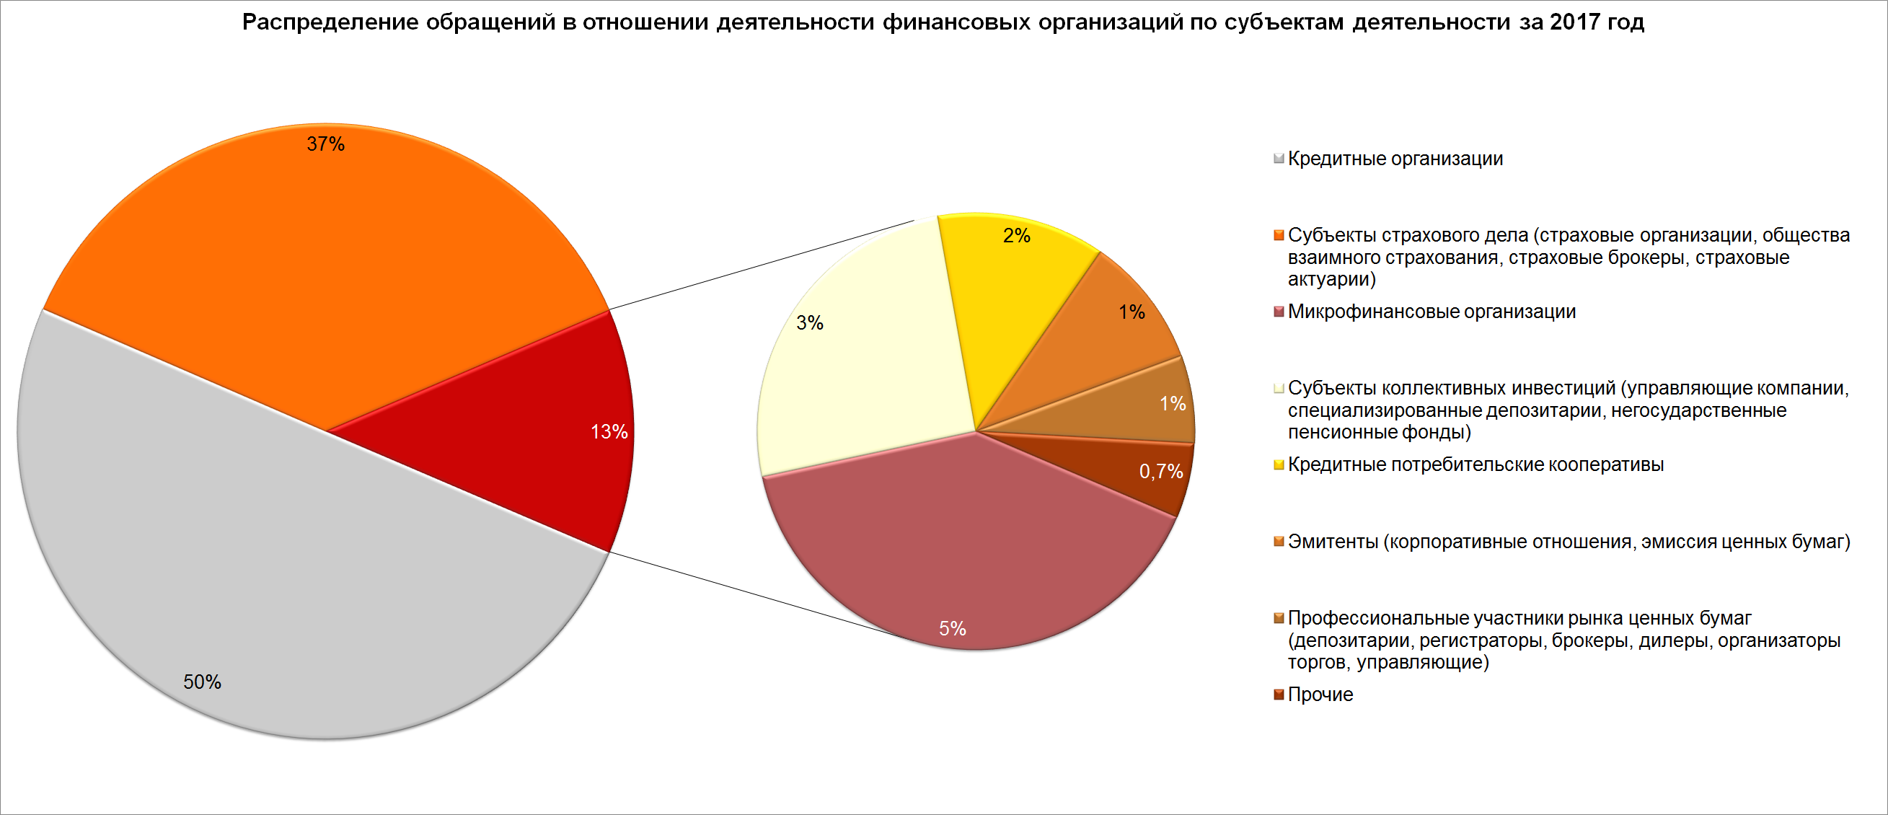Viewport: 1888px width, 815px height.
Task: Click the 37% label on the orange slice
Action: coord(325,144)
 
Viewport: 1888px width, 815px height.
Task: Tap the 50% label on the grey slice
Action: coord(202,682)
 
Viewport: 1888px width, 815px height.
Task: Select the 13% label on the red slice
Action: coord(609,432)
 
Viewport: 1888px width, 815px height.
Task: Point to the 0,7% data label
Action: coord(1161,471)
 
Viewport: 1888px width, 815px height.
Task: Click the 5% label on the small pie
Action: coord(953,628)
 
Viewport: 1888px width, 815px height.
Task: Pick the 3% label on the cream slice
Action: coord(810,322)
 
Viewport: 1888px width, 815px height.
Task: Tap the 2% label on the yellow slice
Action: coord(1017,235)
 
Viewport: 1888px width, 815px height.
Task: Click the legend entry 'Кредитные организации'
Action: coord(1395,159)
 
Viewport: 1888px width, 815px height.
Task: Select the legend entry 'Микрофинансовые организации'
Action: coord(1432,312)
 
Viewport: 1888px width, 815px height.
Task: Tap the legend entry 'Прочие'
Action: coord(1320,694)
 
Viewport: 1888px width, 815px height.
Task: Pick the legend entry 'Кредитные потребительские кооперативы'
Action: coord(1475,464)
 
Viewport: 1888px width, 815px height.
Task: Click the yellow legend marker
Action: coord(1279,464)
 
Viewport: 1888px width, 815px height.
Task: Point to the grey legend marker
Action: coord(1279,159)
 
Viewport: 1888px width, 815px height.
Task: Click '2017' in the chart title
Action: coord(1575,22)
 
